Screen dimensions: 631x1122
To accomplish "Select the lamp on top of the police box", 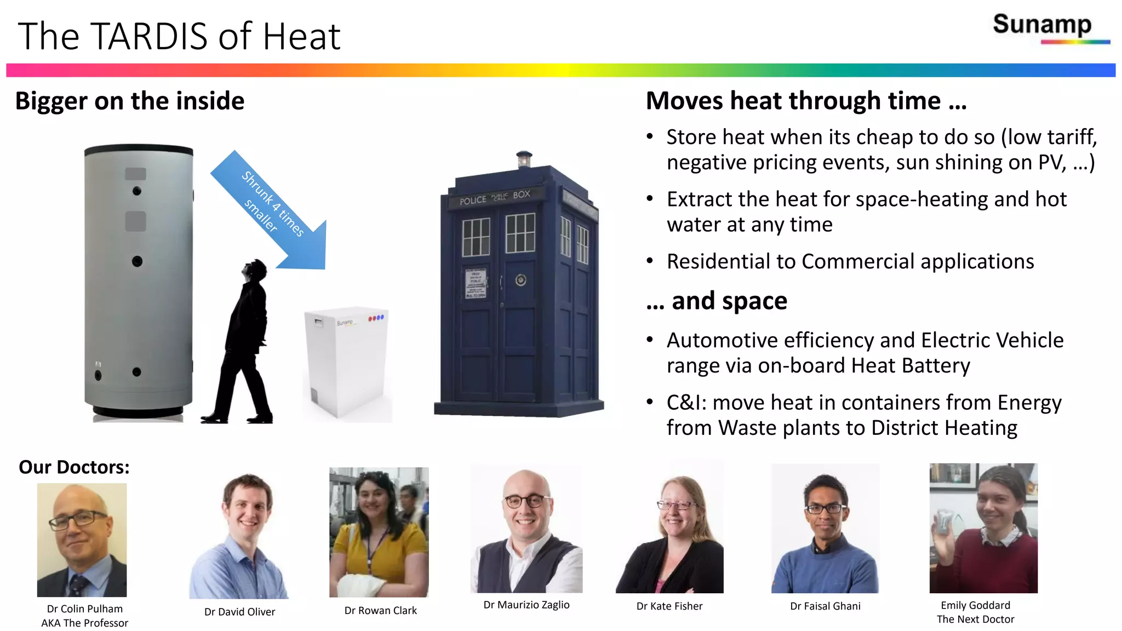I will coord(524,159).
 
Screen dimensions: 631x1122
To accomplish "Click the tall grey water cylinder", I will coord(138,279).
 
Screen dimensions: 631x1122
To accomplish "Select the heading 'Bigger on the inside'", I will coord(130,101).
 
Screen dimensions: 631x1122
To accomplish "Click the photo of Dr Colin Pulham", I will coord(82,540).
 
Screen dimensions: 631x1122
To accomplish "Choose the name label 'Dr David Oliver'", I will coord(239,612).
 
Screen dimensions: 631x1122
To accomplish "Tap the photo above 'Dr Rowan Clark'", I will coord(379,532).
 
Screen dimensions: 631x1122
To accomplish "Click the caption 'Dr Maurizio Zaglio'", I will coord(526,605).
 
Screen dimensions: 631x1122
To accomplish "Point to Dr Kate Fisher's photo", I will coord(669,529).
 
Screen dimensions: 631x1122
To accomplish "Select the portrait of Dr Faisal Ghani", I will coord(825,529).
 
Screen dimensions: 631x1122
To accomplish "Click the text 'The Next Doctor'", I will coord(975,619).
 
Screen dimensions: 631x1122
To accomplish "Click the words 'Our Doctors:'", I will coord(74,467).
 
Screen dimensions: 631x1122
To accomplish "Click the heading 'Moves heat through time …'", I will coord(806,101).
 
